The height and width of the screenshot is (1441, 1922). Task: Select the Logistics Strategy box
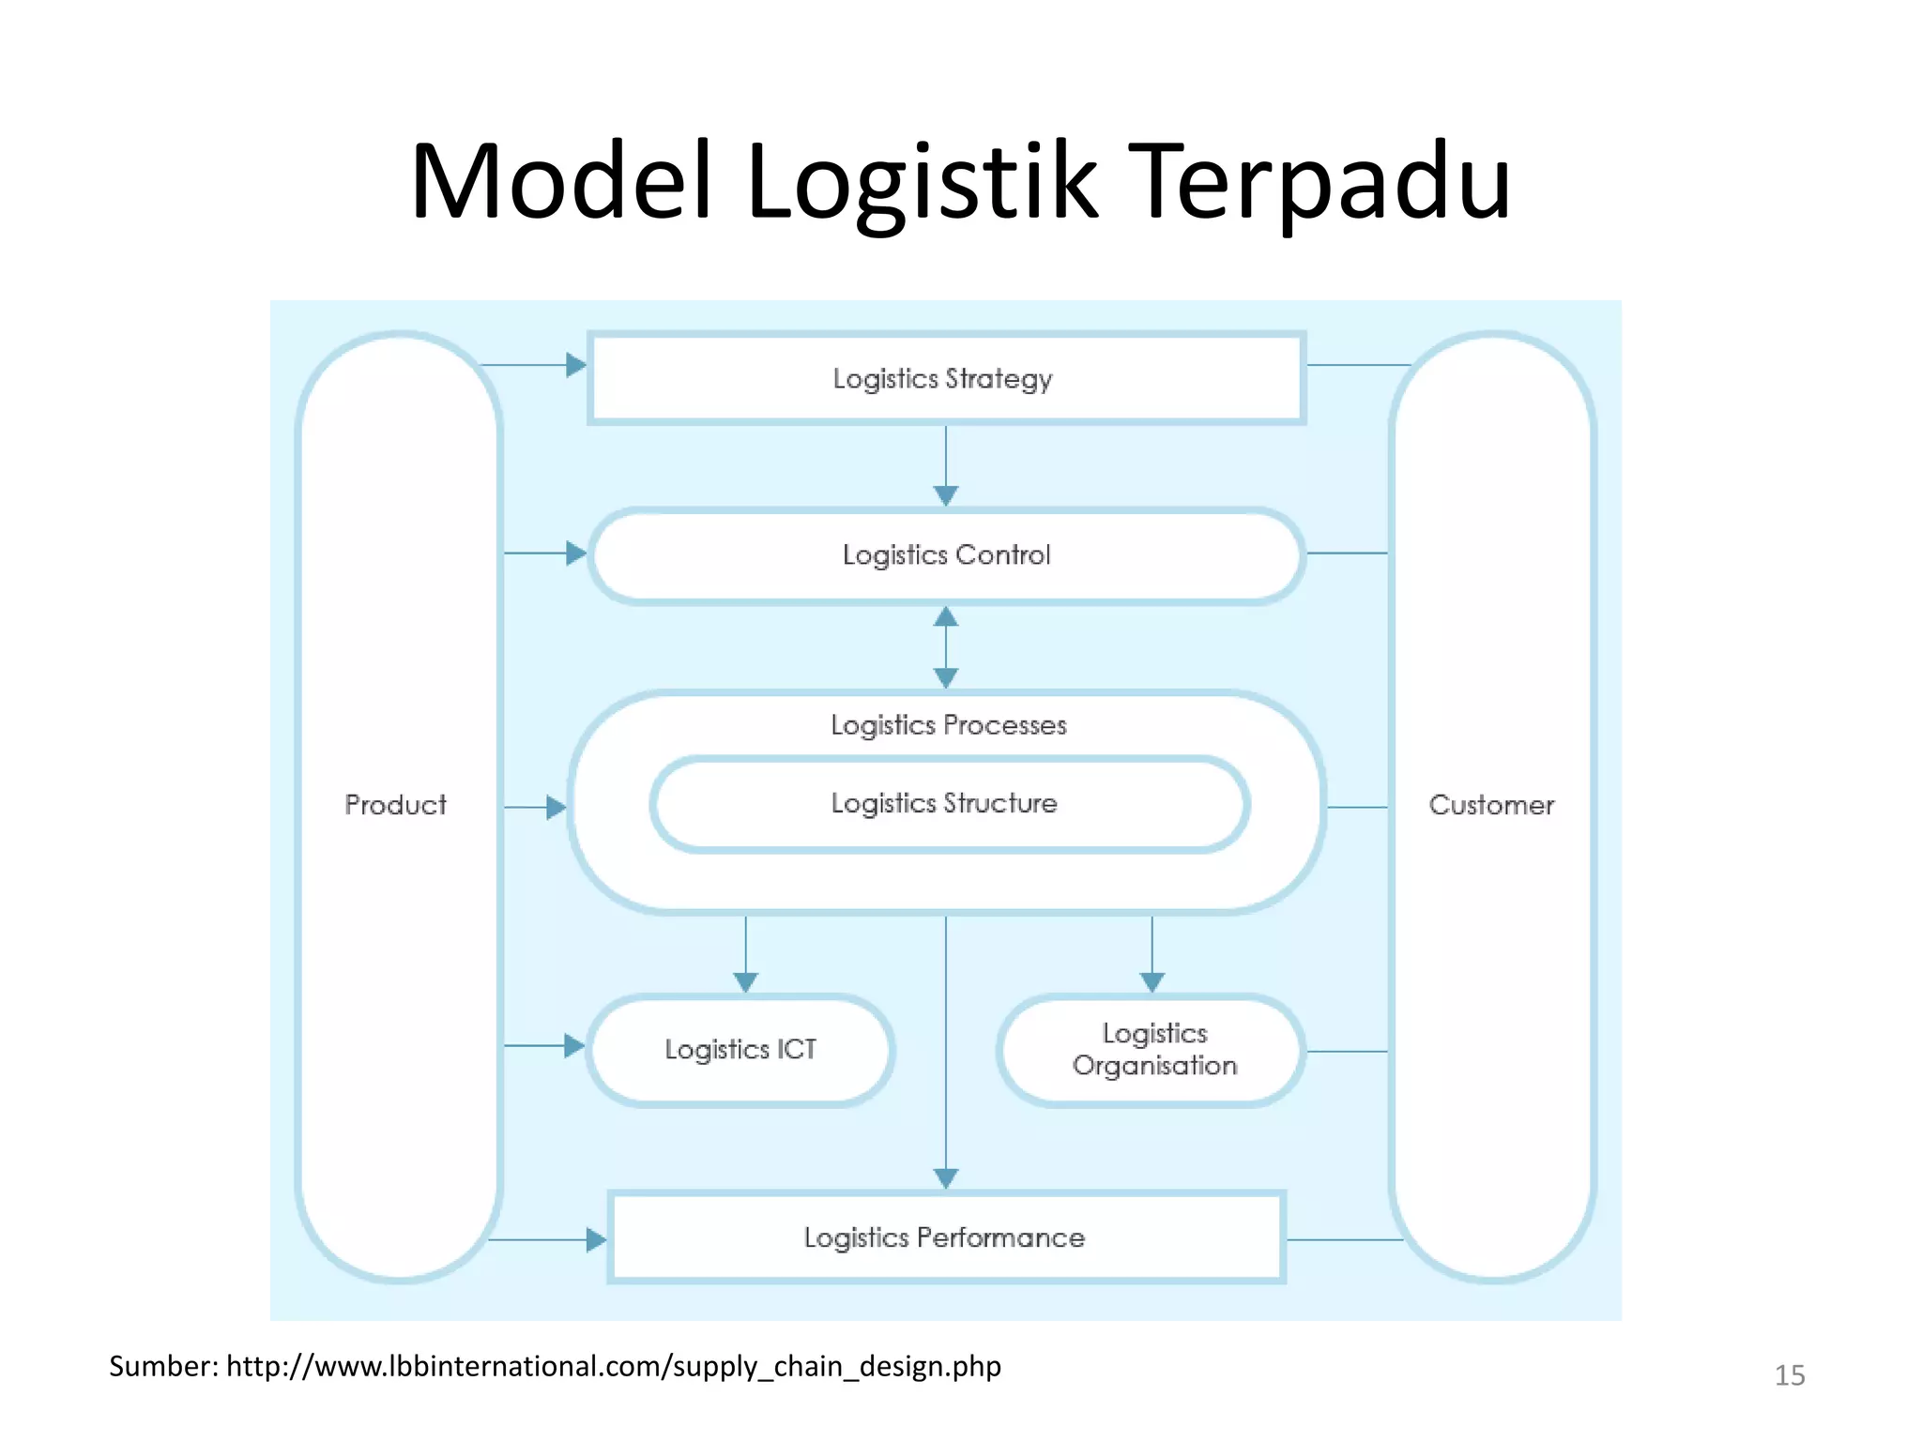tap(946, 378)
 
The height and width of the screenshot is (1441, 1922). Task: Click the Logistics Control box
tap(946, 555)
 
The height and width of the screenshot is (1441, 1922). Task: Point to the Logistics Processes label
tap(948, 725)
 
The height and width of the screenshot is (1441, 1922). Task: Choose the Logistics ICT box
tap(740, 1049)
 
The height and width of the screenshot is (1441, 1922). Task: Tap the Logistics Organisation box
tap(1153, 1050)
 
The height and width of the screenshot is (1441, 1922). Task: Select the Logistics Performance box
tap(945, 1237)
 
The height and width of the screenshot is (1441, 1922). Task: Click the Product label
tap(395, 805)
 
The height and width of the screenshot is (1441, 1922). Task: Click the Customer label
tap(1491, 805)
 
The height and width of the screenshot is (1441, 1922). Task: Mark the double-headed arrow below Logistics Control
tap(946, 647)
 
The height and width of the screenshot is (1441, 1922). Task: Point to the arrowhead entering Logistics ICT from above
tap(746, 982)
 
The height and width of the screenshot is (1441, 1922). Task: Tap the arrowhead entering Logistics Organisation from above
tap(1152, 982)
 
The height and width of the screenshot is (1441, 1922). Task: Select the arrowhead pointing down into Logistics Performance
tap(946, 1178)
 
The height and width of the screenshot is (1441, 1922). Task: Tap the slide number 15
tap(1789, 1375)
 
